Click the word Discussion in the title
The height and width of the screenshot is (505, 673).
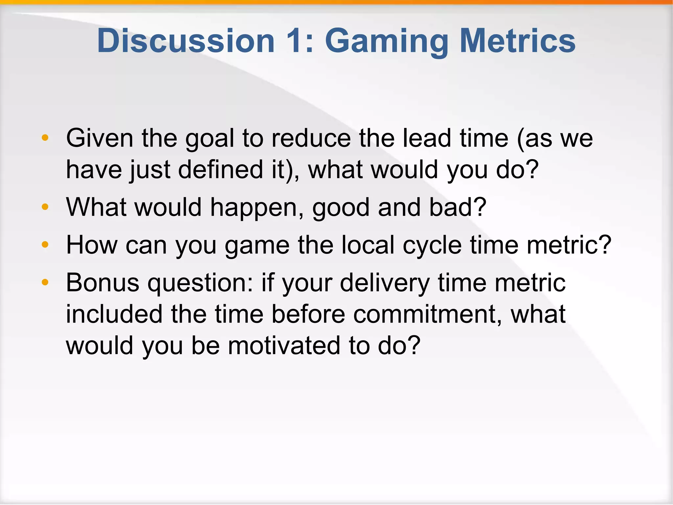coord(186,41)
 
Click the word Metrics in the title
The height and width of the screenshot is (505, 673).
coord(518,41)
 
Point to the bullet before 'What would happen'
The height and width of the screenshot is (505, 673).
coord(45,207)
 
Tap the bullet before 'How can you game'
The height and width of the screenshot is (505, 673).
coord(45,245)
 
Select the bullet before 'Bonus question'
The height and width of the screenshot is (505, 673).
coord(45,282)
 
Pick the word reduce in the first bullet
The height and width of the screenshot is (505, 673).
coord(311,138)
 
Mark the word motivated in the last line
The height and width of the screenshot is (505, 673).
coord(284,346)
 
